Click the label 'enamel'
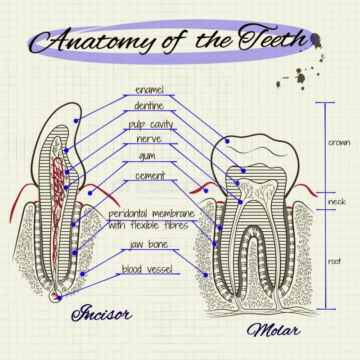pos(149,90)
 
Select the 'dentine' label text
pos(149,107)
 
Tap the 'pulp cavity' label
pos(150,124)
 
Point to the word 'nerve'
pos(149,139)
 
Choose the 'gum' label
pos(148,156)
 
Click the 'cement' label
pos(150,175)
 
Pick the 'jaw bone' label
pos(148,245)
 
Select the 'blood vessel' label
pos(147,269)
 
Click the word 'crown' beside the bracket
pos(339,143)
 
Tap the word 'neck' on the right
pos(337,201)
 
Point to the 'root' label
pos(335,261)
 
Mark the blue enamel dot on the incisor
pos(76,121)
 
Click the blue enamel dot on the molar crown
pos(227,141)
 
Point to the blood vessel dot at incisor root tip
pos(59,298)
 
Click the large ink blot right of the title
pos(316,40)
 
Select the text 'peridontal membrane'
pos(151,213)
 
